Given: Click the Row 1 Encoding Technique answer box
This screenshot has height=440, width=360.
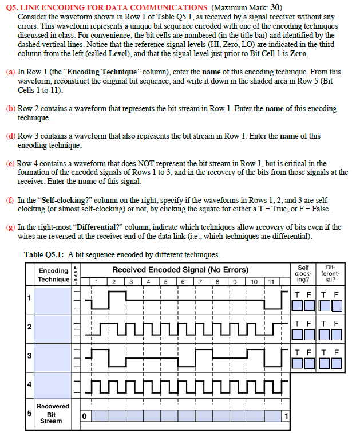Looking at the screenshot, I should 54,298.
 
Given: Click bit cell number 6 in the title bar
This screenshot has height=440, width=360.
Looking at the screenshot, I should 183,281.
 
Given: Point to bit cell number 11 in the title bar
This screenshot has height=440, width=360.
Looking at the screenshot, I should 272,281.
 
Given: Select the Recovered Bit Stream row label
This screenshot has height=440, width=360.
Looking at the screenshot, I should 53,414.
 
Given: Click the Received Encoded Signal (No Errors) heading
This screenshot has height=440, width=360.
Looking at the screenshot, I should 180,270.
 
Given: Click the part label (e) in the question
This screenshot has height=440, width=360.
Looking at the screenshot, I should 10,163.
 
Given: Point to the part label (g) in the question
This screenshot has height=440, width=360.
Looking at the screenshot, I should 10,227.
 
